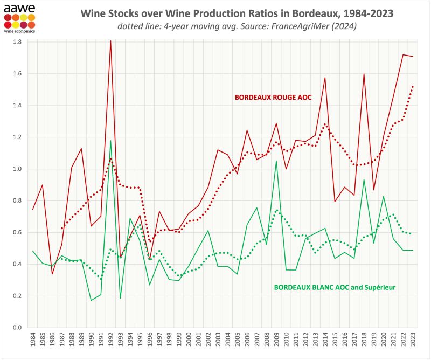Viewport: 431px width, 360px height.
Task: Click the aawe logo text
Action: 19,8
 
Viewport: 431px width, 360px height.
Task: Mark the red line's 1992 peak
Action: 110,40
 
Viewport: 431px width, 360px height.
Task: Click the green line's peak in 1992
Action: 110,141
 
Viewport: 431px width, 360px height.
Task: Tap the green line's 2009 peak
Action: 276,161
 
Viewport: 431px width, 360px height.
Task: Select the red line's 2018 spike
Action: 364,74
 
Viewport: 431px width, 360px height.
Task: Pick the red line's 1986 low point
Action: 52,274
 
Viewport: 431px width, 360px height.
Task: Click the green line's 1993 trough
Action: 120,298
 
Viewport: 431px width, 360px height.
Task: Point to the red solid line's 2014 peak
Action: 325,78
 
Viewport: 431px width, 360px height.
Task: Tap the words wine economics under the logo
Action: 19,31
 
